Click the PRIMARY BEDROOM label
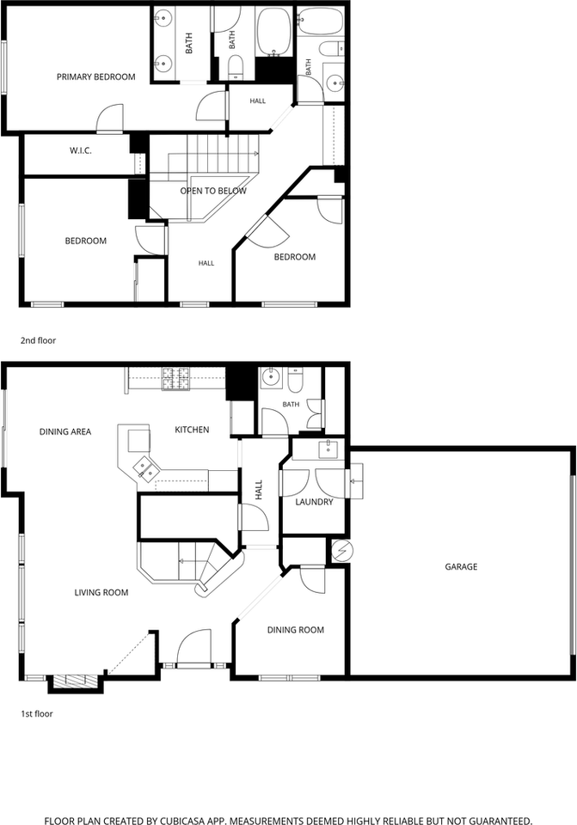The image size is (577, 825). [x=95, y=76]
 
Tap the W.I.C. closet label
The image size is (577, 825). [x=81, y=150]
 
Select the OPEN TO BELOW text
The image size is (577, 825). [x=213, y=191]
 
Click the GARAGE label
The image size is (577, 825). [x=461, y=566]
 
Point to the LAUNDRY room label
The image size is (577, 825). [x=314, y=502]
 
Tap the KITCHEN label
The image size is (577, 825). [x=192, y=430]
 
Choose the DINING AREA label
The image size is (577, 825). [x=65, y=432]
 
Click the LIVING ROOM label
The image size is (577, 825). [x=101, y=592]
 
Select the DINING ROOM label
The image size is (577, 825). [x=295, y=630]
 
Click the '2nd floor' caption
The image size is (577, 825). [x=38, y=340]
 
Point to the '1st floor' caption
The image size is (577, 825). [x=37, y=714]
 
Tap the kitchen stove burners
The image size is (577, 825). [x=175, y=378]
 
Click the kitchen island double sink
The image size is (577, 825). [x=144, y=469]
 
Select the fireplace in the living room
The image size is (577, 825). [x=74, y=682]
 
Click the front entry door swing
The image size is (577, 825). [x=193, y=648]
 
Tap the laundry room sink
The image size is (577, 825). [x=328, y=449]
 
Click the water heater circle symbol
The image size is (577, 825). [x=343, y=550]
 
